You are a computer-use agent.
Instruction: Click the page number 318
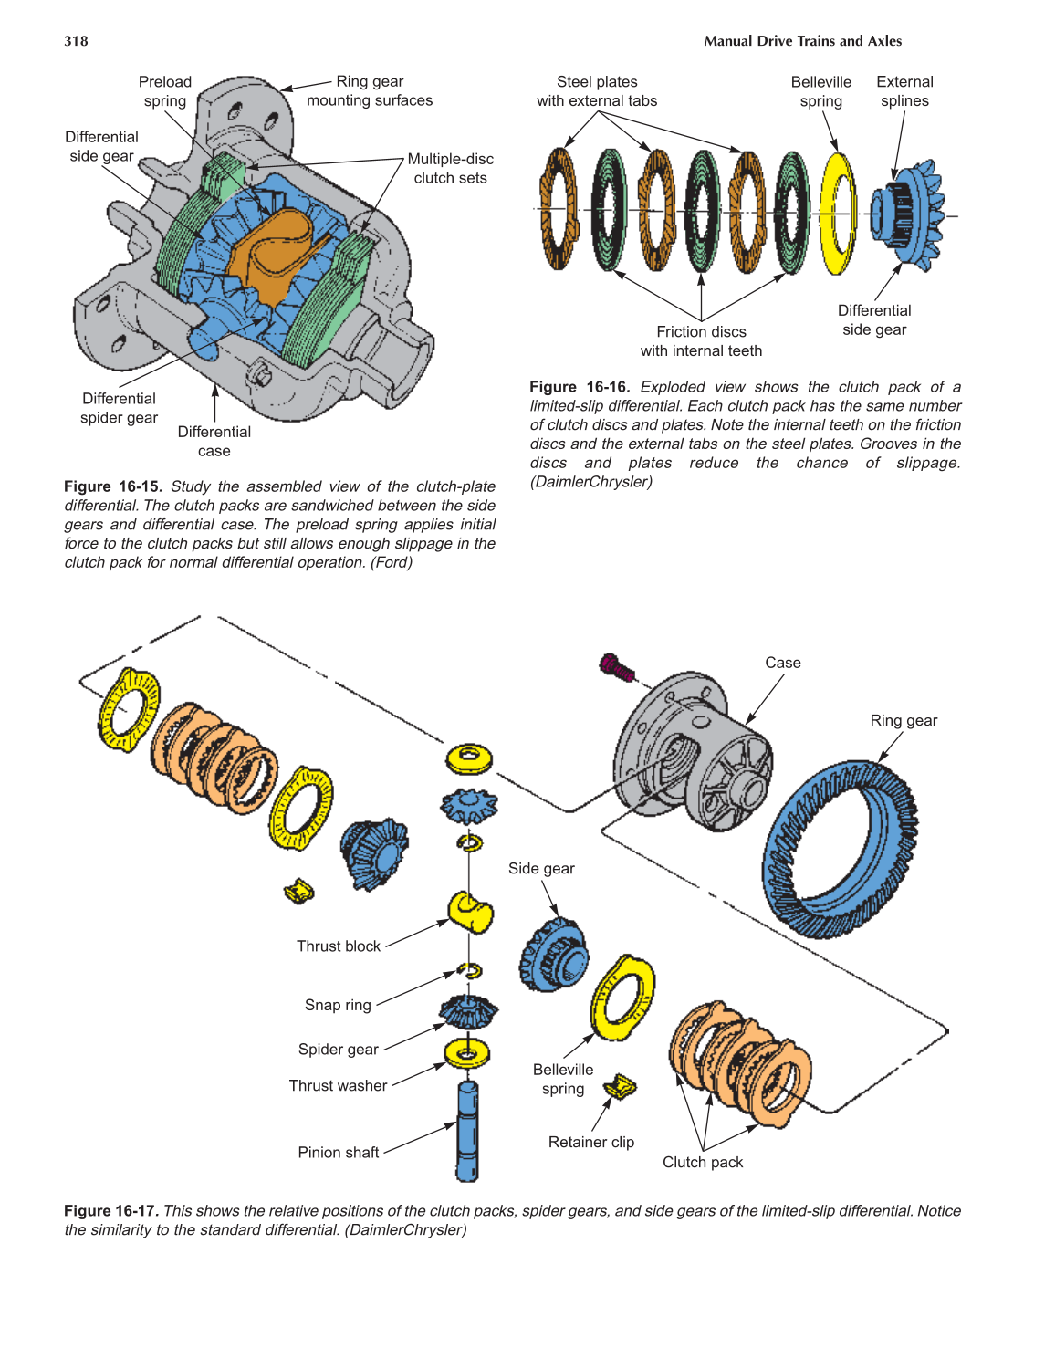point(76,41)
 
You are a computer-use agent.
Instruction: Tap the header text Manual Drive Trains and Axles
point(802,41)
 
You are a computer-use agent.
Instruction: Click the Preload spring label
point(165,91)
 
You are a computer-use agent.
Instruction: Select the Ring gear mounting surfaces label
point(370,91)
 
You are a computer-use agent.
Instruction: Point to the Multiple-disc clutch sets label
point(450,168)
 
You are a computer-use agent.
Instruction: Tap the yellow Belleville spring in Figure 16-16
point(837,214)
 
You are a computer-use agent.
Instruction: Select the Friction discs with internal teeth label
point(701,341)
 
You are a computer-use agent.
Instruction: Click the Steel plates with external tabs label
point(597,91)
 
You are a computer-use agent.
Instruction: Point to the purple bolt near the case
point(617,668)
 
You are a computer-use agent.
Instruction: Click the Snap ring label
point(338,1005)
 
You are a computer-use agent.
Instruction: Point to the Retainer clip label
point(590,1142)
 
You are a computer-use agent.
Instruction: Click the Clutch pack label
point(703,1162)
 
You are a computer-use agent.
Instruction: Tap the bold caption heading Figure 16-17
point(110,1211)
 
